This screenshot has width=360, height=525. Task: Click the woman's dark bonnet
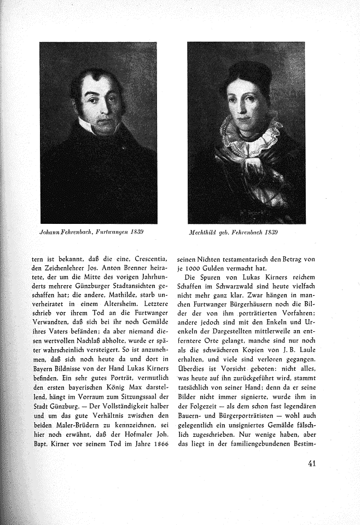[245, 77]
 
